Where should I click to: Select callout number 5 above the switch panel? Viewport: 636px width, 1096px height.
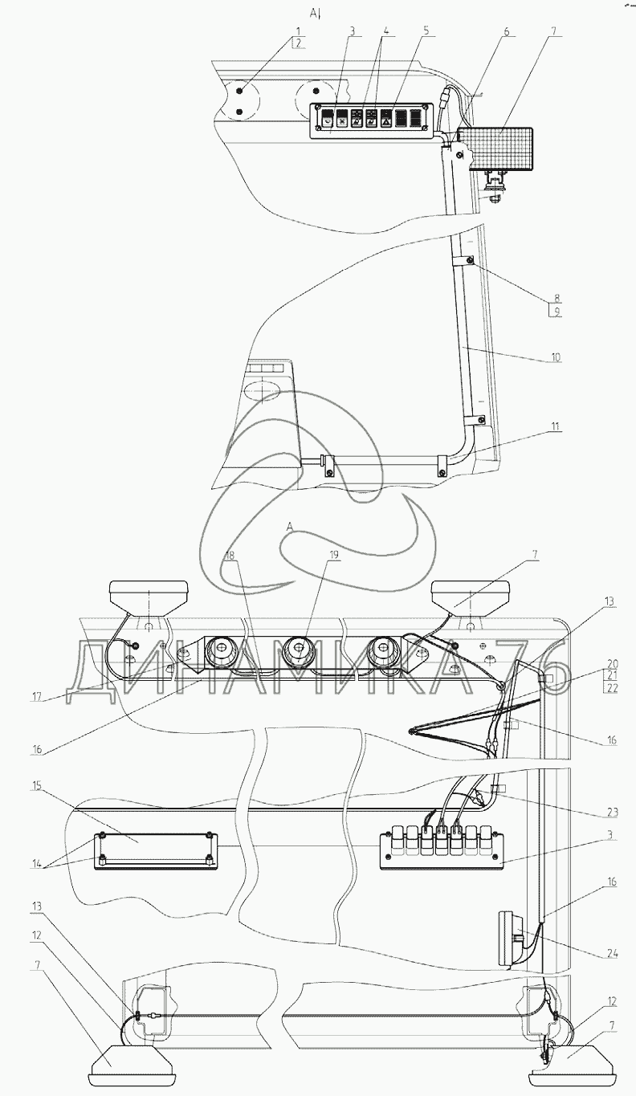pyautogui.click(x=426, y=31)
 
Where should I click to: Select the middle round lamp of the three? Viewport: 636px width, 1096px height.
pyautogui.click(x=298, y=653)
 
